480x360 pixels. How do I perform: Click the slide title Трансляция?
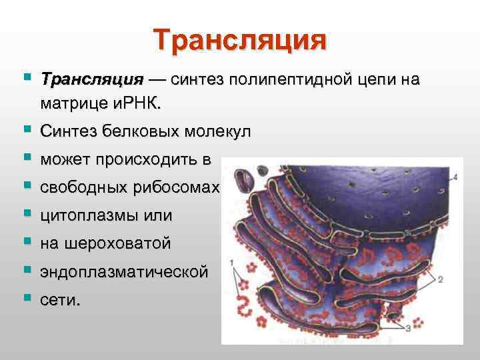tap(240, 40)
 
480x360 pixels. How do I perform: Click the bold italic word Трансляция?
tap(91, 81)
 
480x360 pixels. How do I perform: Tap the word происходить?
tap(153, 160)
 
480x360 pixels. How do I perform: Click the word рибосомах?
tap(179, 188)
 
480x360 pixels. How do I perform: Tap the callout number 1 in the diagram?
tap(231, 264)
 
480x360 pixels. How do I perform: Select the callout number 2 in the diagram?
tap(441, 280)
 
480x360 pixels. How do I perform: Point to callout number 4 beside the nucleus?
tap(455, 177)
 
